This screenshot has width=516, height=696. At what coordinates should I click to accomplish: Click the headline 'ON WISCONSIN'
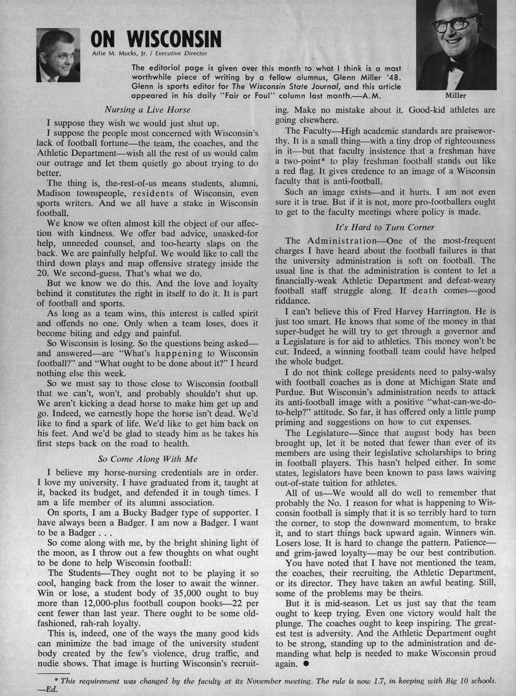156,38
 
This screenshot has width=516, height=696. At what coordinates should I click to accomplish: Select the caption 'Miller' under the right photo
455,95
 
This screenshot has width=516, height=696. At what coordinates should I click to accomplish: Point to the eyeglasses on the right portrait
456,23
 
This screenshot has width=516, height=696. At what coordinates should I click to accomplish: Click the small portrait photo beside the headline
59,55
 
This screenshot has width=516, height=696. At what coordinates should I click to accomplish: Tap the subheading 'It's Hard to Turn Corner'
385,227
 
